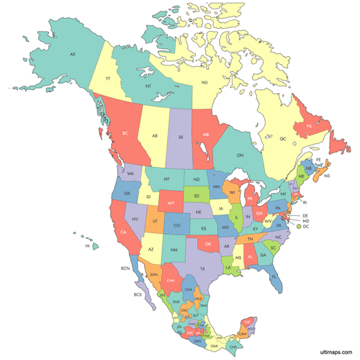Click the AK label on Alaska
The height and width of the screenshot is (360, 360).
(72, 55)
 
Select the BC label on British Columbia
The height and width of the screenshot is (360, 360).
(125, 134)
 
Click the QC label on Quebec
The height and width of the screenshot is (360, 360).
(282, 138)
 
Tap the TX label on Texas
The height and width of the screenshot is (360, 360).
(202, 269)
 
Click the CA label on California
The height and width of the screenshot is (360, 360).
(124, 232)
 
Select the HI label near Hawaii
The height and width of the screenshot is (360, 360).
(87, 246)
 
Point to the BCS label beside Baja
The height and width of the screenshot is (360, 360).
(138, 294)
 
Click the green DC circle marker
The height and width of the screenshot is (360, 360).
(297, 227)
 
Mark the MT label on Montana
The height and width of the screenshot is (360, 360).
(167, 179)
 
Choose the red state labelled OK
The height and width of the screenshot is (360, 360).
(208, 244)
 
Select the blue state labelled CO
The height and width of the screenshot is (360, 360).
(177, 225)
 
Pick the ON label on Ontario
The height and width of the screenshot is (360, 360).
(240, 156)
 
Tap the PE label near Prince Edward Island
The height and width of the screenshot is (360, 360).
(318, 159)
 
